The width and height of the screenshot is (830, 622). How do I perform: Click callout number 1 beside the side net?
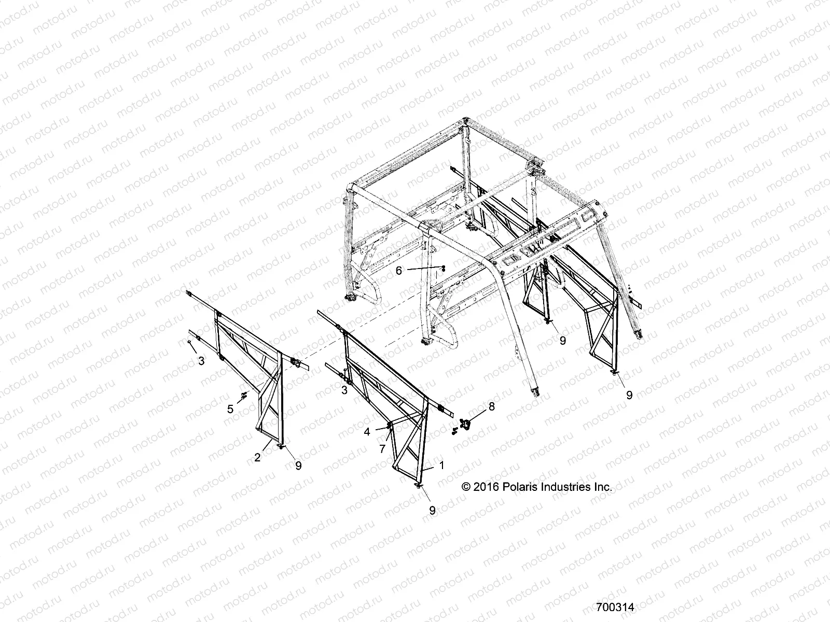pos(441,465)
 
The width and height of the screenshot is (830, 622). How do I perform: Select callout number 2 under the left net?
pos(257,457)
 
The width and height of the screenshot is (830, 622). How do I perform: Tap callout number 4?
pos(367,431)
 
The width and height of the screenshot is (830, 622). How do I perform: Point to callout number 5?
pos(230,409)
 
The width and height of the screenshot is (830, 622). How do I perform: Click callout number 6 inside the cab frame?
pos(399,271)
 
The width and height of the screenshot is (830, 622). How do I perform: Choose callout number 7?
pos(382,449)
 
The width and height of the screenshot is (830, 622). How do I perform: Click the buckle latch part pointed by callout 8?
pos(466,425)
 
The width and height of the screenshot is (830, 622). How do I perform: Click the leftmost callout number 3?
pos(201,361)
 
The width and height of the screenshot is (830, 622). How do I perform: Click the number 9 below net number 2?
pos(298,465)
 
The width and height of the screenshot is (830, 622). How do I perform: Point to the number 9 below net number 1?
pos(432,510)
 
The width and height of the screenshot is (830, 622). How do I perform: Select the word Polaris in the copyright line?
pos(520,487)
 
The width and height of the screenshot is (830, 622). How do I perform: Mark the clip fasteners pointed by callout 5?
pos(243,397)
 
